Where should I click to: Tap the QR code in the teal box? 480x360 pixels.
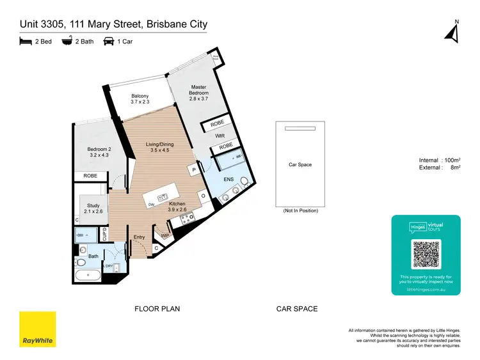tap(426, 254)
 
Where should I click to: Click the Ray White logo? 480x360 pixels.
tap(37, 329)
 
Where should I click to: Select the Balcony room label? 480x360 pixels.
tap(140, 98)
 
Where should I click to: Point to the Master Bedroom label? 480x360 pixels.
tap(199, 93)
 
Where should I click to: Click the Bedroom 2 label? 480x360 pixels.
tap(99, 152)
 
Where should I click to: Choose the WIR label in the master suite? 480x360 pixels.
tap(219, 136)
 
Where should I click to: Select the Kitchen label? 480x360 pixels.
tap(177, 207)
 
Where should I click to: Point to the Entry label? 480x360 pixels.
tap(139, 237)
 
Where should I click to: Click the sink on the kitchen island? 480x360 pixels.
tap(163, 197)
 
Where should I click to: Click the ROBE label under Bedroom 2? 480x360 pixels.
tap(90, 176)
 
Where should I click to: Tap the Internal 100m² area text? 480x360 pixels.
tap(440, 160)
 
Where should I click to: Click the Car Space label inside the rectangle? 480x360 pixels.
tap(300, 165)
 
